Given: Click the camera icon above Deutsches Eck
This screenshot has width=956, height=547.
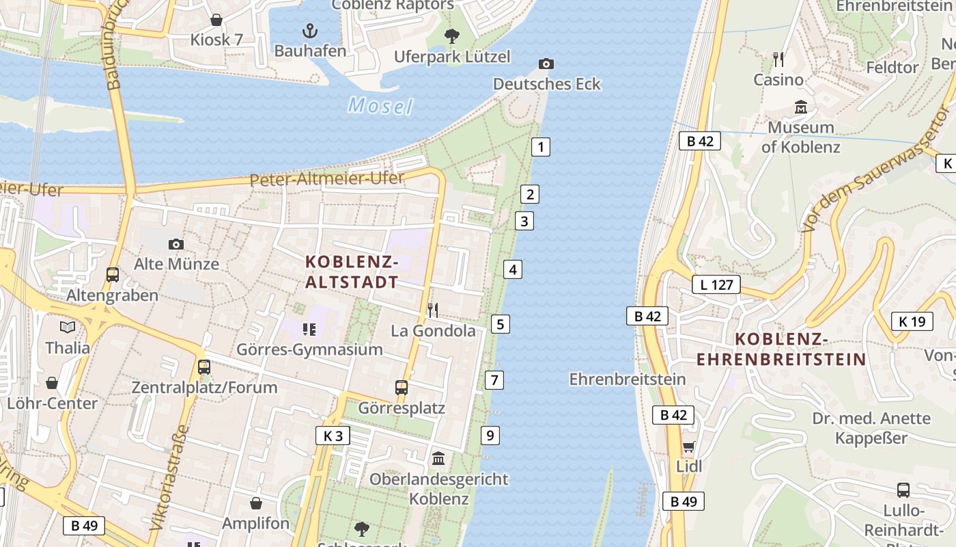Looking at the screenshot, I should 546,64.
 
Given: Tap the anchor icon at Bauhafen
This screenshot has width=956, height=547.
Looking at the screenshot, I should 310,31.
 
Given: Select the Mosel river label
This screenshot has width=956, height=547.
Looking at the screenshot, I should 380,106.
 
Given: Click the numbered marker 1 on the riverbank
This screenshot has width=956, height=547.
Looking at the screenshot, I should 541,146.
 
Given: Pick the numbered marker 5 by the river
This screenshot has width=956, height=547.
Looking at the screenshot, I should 501,324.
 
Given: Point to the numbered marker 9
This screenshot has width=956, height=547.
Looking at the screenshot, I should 490,435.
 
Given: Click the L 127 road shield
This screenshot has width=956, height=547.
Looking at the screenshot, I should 716,284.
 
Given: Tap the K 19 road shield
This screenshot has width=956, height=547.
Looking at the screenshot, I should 912,321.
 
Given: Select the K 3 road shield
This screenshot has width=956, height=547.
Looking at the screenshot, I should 333,436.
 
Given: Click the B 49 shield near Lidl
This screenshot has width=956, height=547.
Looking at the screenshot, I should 684,501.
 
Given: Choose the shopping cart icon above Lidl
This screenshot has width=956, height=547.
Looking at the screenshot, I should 688,447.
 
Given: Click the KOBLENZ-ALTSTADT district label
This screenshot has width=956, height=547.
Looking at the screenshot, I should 352,271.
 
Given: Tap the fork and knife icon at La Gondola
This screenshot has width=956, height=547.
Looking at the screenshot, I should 433,310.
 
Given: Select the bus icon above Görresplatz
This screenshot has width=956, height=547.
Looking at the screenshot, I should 402,388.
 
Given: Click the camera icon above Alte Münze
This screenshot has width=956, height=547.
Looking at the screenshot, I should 176,244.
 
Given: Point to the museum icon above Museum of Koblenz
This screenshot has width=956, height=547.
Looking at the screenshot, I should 801,107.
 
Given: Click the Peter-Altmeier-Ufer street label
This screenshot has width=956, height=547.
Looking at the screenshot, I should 327,179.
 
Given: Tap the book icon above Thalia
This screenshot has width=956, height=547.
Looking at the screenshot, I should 68,328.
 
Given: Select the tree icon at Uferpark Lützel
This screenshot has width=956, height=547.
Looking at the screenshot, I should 451,36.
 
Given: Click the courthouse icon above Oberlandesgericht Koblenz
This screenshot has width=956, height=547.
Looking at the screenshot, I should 438,458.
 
